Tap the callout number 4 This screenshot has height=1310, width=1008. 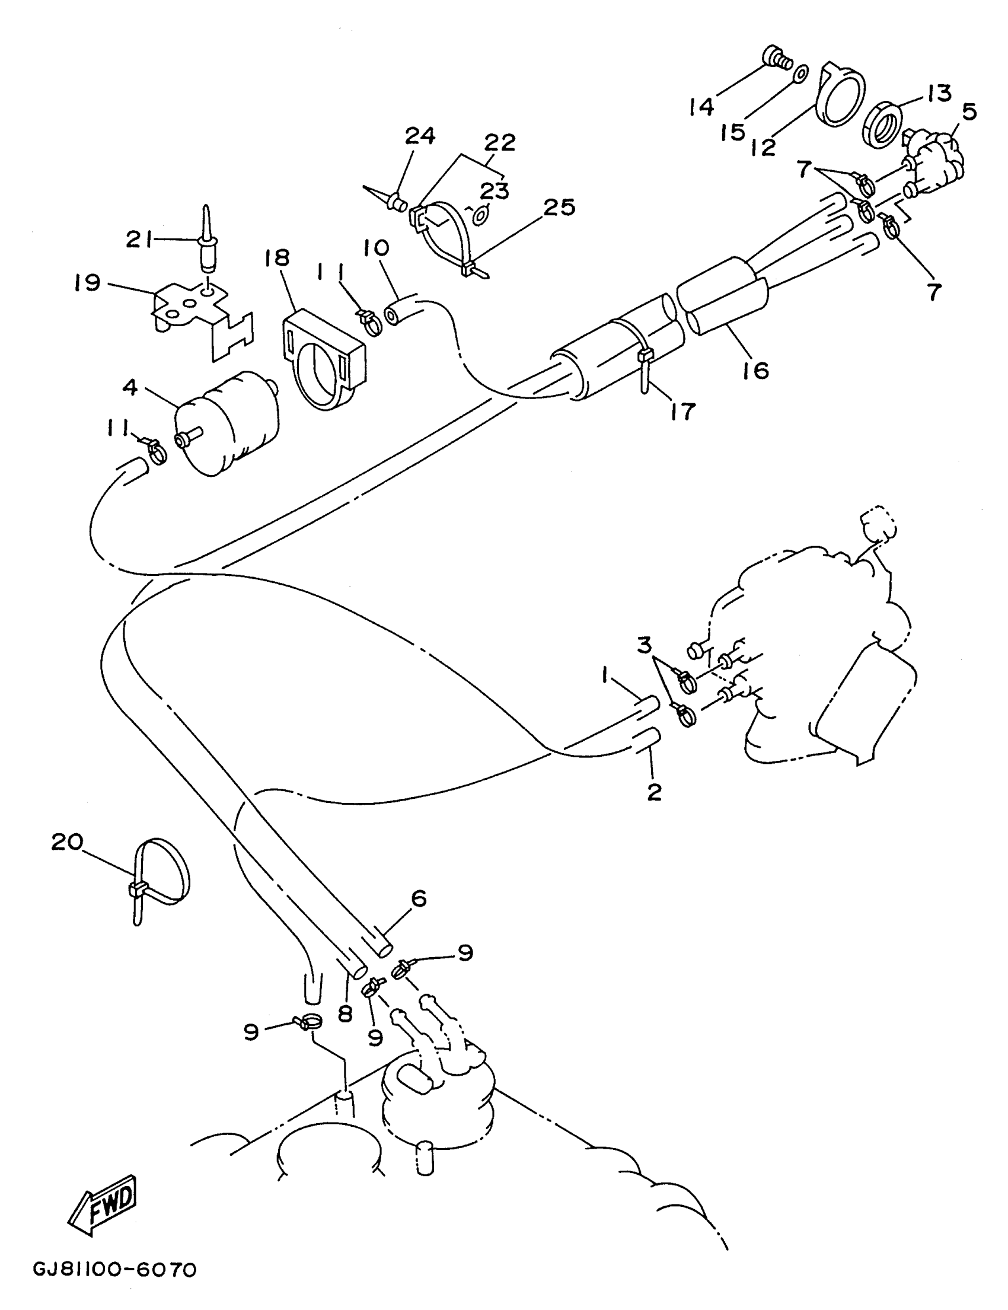tap(129, 387)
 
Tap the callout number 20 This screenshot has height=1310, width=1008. tap(67, 842)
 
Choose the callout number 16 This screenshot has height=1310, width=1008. tap(755, 371)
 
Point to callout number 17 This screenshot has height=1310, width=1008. tap(682, 412)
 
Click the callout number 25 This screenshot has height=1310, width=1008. tap(560, 207)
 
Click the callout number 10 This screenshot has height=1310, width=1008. tap(375, 248)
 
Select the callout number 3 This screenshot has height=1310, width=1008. tap(644, 646)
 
